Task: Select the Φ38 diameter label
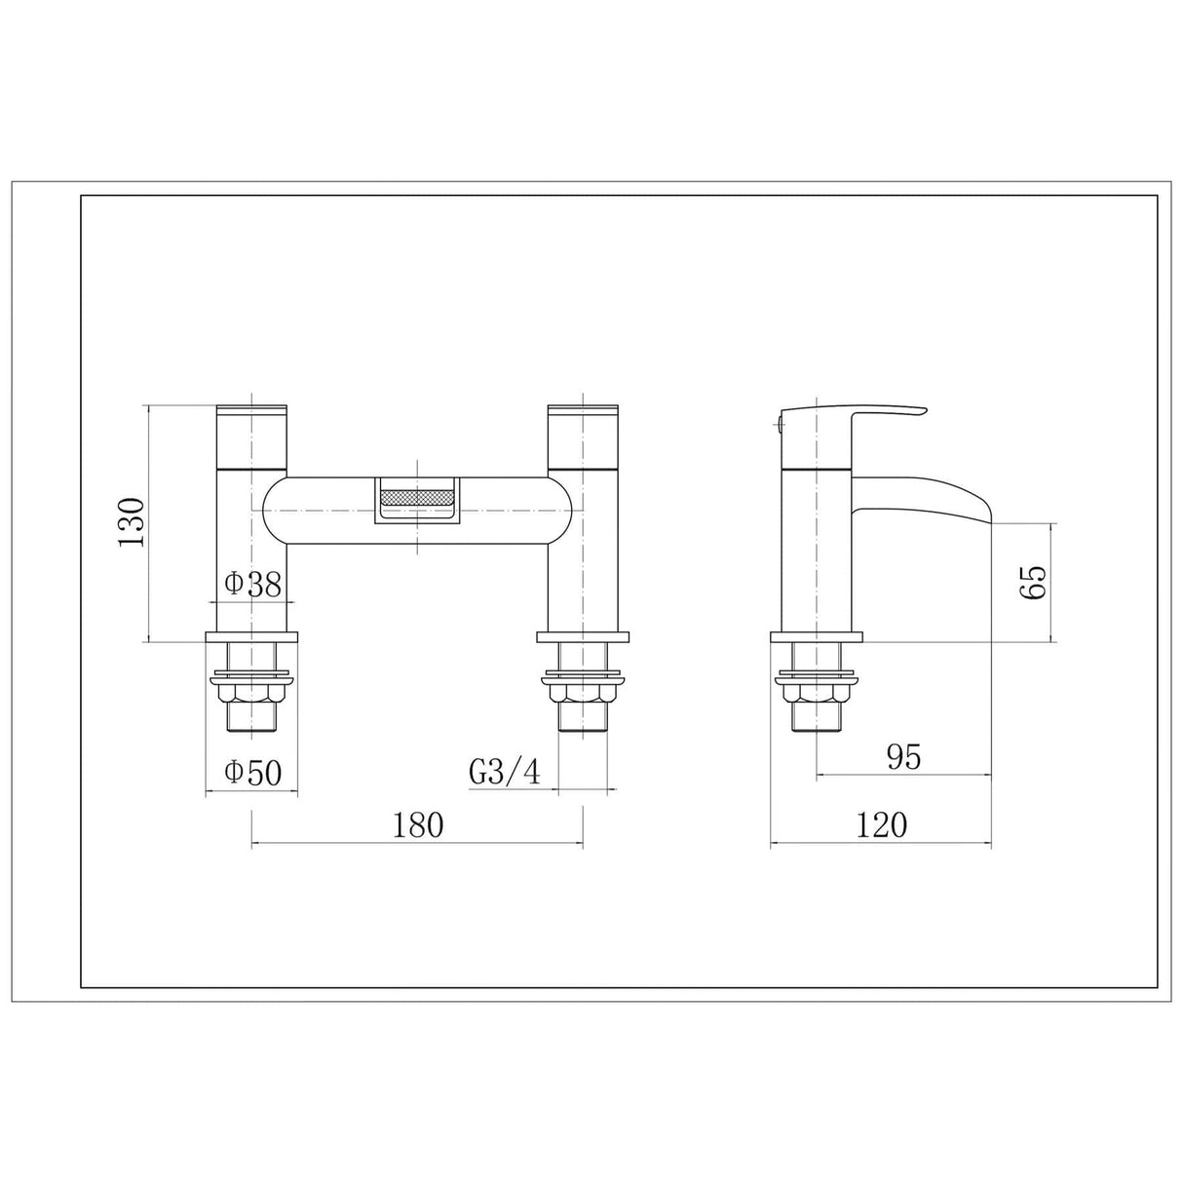click(x=252, y=584)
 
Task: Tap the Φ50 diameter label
click(x=252, y=773)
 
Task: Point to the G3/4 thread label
click(x=504, y=773)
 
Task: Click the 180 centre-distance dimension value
click(x=418, y=825)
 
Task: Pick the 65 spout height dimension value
click(x=1034, y=582)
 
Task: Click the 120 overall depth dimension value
click(x=882, y=825)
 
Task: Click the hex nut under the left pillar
click(x=251, y=695)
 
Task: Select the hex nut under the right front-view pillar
click(x=583, y=695)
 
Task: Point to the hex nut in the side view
click(x=817, y=695)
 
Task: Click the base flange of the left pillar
click(x=251, y=639)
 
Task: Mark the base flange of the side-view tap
click(x=817, y=639)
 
